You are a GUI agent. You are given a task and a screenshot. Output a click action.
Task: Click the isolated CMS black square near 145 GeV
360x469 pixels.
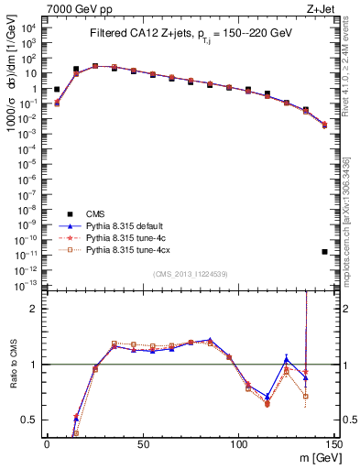coord(325,251)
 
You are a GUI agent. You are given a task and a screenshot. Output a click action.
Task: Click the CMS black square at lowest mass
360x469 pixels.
coord(57,90)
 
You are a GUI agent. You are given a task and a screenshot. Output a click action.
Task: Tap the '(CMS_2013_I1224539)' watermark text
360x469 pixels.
coord(191,274)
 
